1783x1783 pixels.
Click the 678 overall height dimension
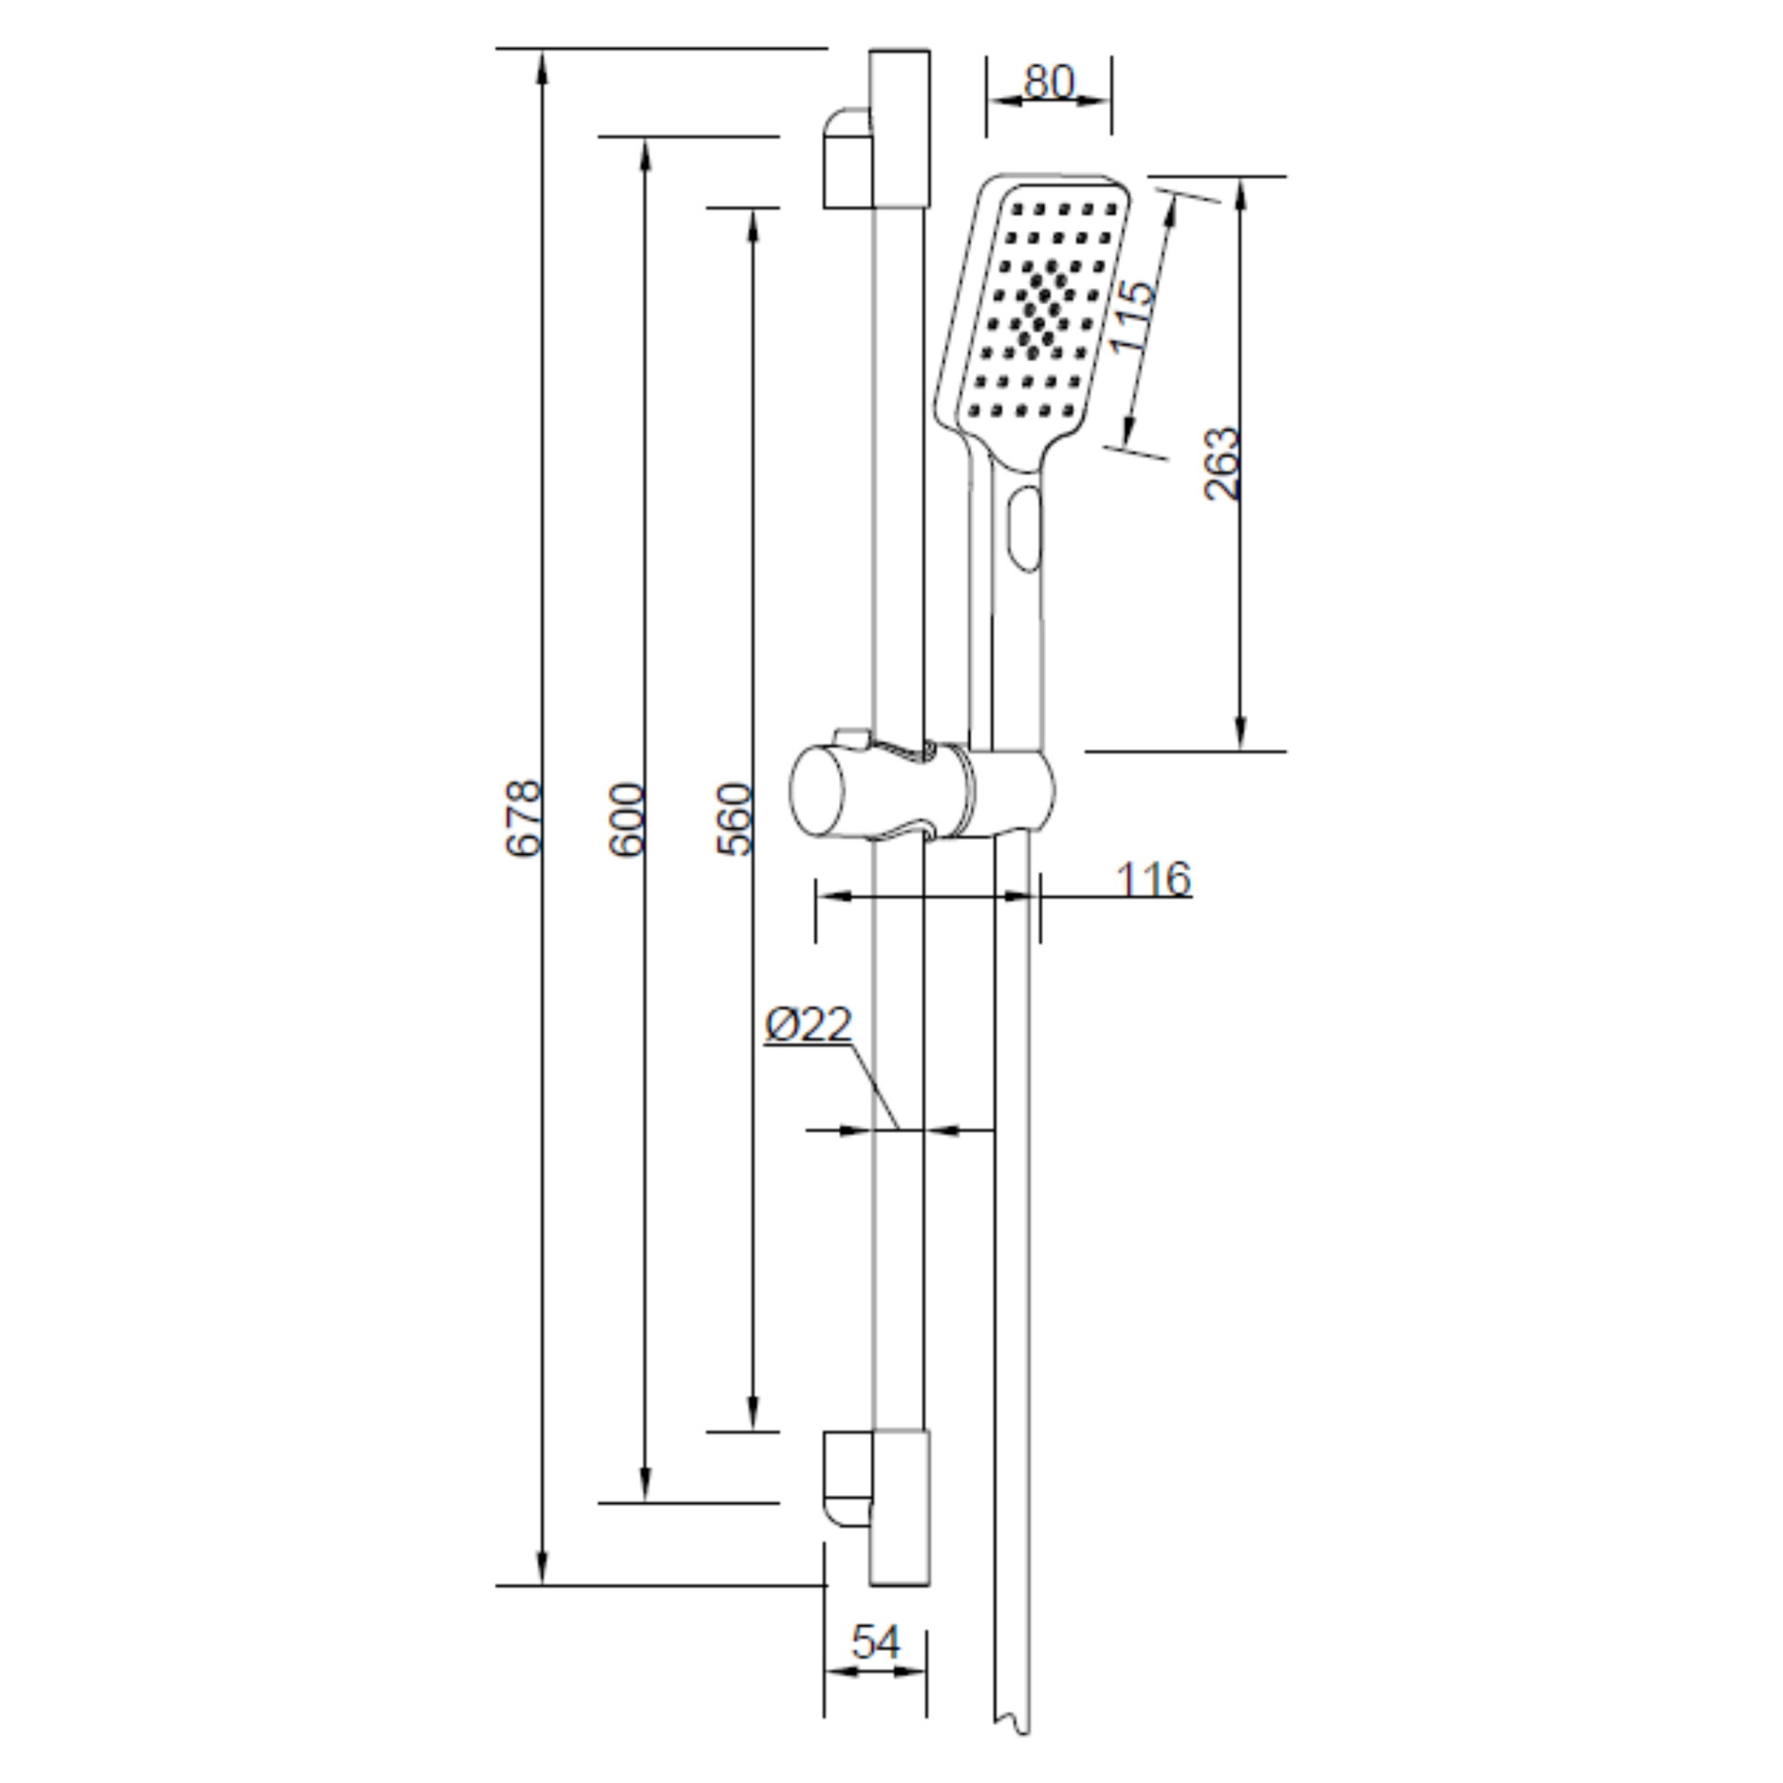[524, 818]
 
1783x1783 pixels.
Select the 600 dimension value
[628, 819]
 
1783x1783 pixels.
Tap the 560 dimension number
[735, 819]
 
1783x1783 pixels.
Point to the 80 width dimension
[1049, 81]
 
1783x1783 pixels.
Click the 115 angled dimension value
[1132, 316]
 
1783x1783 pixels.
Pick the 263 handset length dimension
[1224, 464]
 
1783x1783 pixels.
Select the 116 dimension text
[1154, 879]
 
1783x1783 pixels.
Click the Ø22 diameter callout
[809, 1024]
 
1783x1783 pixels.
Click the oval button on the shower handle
[1023, 529]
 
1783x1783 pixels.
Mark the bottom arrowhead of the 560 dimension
[753, 1412]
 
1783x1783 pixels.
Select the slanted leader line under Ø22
[874, 1086]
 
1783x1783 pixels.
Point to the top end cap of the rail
[900, 128]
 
